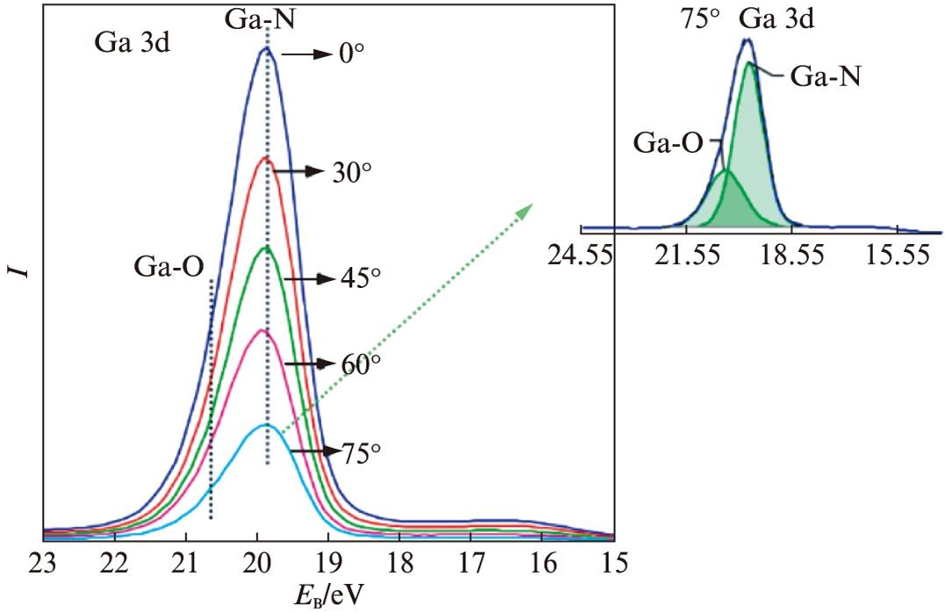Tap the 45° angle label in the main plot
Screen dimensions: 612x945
click(x=361, y=278)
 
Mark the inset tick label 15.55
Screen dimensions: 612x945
click(x=895, y=256)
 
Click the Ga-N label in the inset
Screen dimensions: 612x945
click(x=825, y=77)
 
